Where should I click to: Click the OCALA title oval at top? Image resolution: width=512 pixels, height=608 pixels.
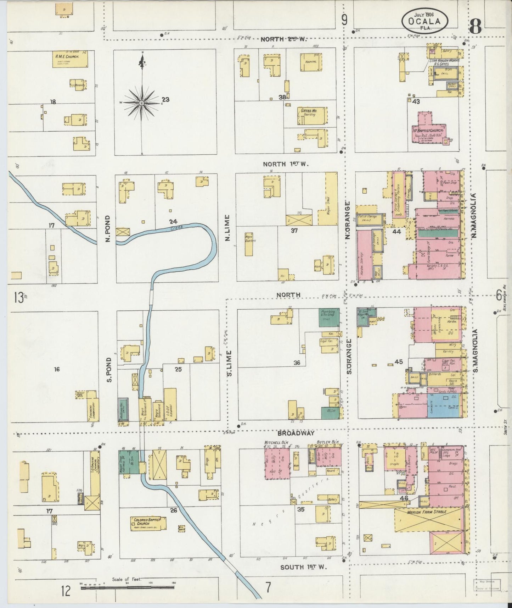[x=424, y=21]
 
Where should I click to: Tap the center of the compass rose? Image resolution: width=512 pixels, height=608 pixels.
[x=141, y=103]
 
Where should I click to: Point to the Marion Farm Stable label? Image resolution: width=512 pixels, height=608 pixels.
[x=426, y=512]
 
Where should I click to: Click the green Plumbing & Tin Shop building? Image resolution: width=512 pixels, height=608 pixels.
[x=329, y=317]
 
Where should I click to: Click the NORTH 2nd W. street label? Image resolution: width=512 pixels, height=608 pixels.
[x=283, y=39]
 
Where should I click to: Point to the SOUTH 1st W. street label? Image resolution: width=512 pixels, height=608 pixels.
[x=303, y=567]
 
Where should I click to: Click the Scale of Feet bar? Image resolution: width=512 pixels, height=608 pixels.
[x=128, y=587]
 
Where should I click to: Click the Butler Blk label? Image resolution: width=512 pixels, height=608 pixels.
[x=328, y=442]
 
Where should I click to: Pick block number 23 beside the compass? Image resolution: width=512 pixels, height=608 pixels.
[x=165, y=100]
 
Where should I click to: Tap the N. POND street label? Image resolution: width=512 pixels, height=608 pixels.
[x=108, y=229]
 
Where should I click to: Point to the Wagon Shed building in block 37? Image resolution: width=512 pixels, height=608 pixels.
[x=331, y=199]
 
